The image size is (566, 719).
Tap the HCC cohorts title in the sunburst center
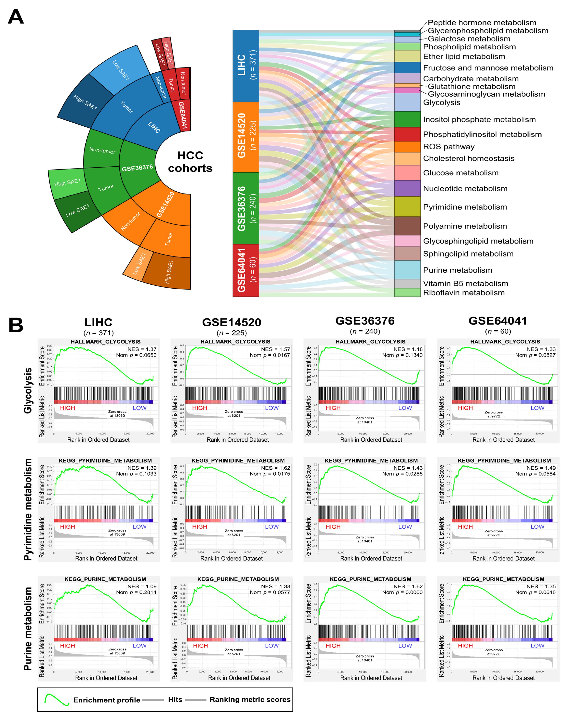pyautogui.click(x=190, y=162)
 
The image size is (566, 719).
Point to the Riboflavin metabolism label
pyautogui.click(x=464, y=293)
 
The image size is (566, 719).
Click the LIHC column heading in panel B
pyautogui.click(x=98, y=322)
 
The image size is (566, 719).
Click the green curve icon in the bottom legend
pyautogui.click(x=57, y=699)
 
